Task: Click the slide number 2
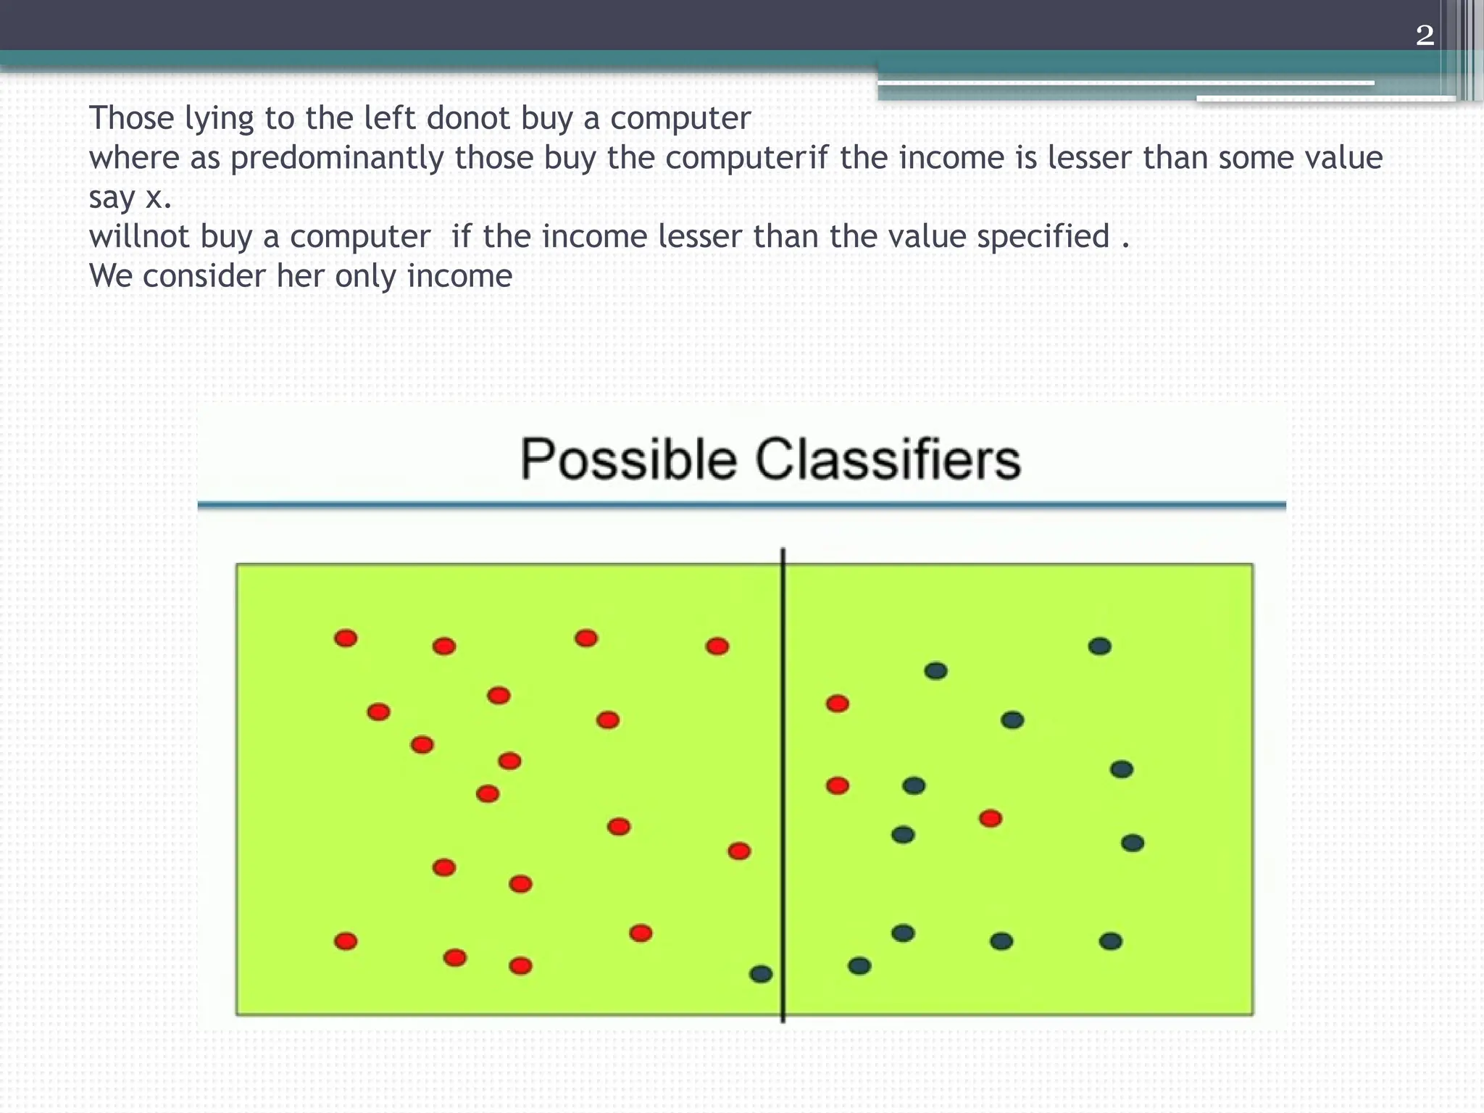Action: [x=1425, y=35]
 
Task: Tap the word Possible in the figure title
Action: [x=628, y=459]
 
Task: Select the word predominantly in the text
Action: [x=337, y=158]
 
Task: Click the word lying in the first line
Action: [x=219, y=118]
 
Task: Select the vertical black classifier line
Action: [x=783, y=783]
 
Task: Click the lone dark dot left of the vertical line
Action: [x=761, y=974]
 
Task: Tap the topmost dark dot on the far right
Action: [x=1099, y=646]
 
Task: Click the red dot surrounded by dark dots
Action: [x=991, y=819]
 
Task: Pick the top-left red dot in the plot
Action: [x=346, y=638]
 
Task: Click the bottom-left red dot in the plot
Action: [x=346, y=941]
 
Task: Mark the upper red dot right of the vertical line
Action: [x=837, y=704]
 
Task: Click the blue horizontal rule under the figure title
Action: [x=741, y=505]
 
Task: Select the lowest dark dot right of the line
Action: [x=859, y=966]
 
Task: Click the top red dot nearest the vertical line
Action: [x=717, y=646]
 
